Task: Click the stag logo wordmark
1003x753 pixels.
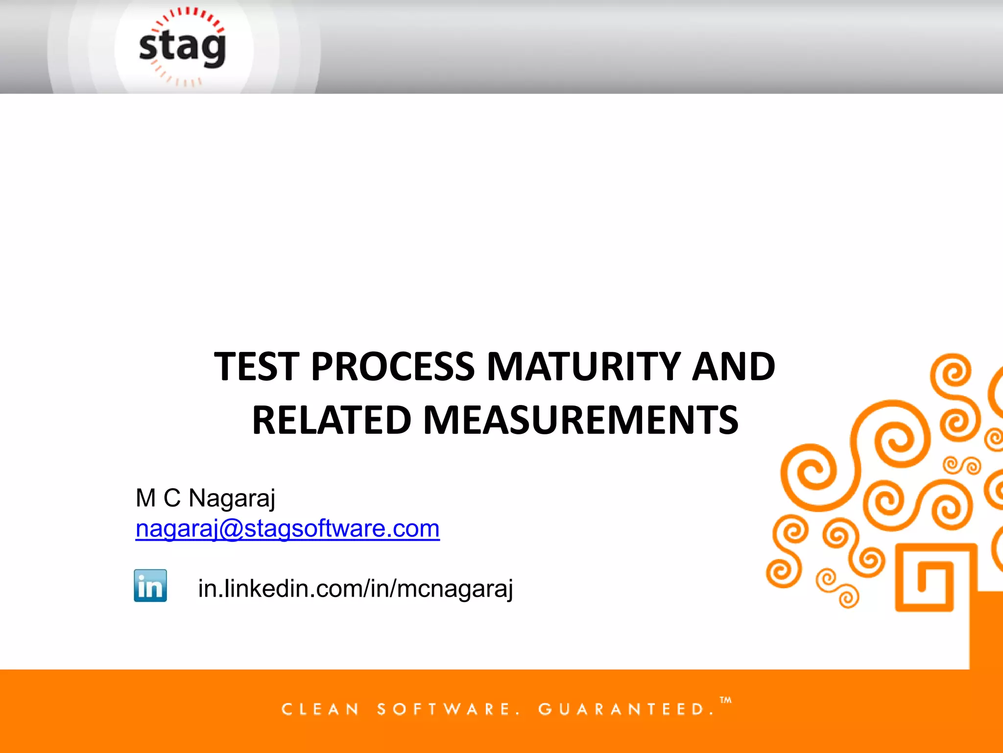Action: tap(182, 48)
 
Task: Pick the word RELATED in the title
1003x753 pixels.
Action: tap(332, 420)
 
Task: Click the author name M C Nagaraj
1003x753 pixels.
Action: tap(205, 498)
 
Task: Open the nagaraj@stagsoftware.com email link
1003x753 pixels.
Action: tap(287, 528)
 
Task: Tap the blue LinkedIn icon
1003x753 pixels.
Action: tap(150, 585)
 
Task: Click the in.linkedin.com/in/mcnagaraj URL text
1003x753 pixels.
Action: tap(355, 588)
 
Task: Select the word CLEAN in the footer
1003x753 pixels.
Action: tap(320, 709)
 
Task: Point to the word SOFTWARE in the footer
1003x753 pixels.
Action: tap(444, 709)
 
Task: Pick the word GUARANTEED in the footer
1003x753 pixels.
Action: tap(622, 709)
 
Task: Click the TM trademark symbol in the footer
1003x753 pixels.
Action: tap(726, 700)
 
